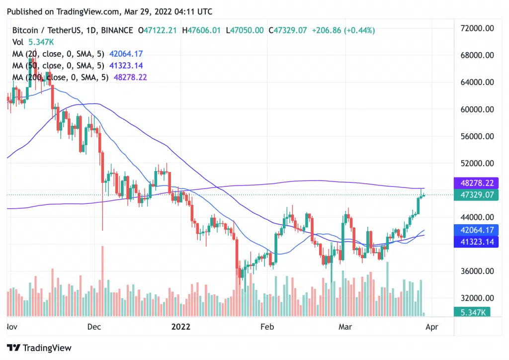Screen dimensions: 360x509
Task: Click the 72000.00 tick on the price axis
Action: [x=476, y=28]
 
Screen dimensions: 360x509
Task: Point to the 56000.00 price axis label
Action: [x=476, y=136]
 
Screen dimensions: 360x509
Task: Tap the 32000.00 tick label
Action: [x=476, y=298]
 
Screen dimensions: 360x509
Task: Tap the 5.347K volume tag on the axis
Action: [x=472, y=312]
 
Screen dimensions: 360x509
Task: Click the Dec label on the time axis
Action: [x=94, y=327]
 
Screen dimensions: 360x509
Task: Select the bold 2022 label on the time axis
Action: [x=181, y=327]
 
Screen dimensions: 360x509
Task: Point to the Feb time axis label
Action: [x=267, y=327]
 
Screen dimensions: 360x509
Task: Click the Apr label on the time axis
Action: [x=432, y=327]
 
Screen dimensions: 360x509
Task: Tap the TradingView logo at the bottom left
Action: [x=39, y=348]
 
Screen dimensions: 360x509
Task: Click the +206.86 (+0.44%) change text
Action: [x=343, y=30]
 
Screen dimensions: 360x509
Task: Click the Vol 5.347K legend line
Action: [x=29, y=42]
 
